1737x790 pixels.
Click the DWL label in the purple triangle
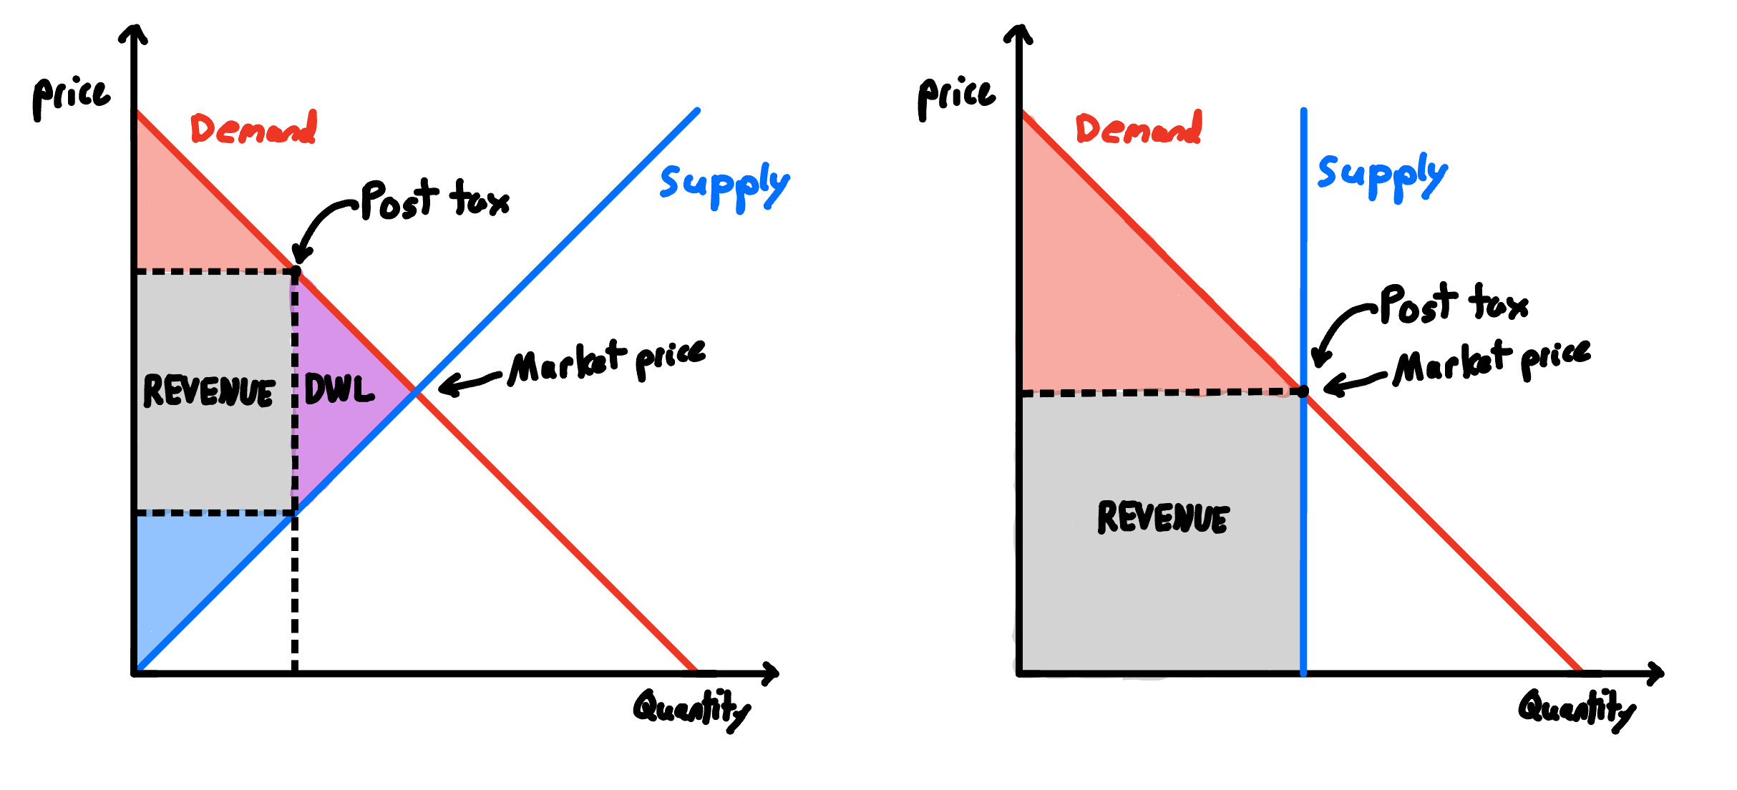tap(339, 389)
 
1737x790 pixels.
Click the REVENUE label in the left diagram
tap(209, 391)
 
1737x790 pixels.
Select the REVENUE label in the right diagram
tap(1163, 517)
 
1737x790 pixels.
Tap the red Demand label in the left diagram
tap(253, 129)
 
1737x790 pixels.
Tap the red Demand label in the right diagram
tap(1139, 129)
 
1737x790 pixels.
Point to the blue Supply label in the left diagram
tap(724, 185)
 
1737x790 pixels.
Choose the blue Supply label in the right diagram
tap(1382, 175)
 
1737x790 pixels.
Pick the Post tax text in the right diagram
tap(1454, 303)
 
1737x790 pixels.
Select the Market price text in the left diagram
tap(607, 361)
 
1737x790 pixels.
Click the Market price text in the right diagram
tap(1492, 361)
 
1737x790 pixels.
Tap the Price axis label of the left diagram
tap(72, 97)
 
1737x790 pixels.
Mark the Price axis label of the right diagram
tap(957, 97)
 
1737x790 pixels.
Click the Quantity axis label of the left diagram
tap(691, 709)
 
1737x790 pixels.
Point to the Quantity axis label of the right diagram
tap(1577, 709)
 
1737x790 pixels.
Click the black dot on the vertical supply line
tap(1303, 391)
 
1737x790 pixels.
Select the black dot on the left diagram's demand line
tap(296, 271)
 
